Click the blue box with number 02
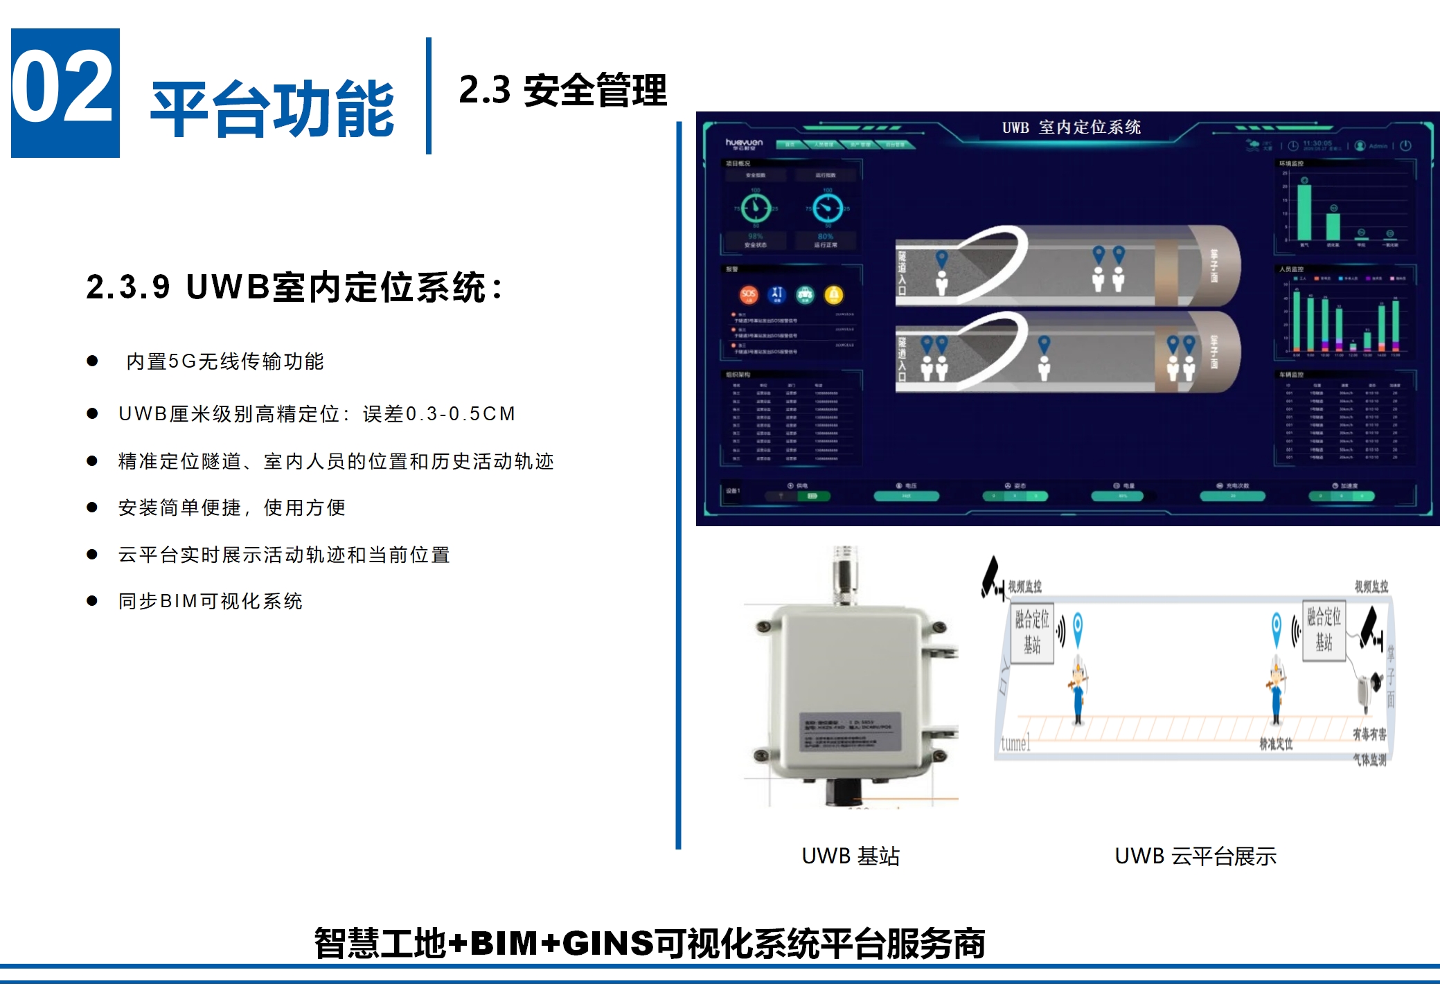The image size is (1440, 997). click(x=65, y=93)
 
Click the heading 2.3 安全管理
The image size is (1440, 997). click(x=562, y=90)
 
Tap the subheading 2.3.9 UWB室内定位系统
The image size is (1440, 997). click(x=294, y=287)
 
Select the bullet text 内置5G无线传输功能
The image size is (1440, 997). click(x=225, y=361)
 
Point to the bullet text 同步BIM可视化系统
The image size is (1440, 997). click(x=211, y=601)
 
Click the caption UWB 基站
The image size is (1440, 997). click(x=851, y=856)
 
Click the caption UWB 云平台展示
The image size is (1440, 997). click(x=1195, y=856)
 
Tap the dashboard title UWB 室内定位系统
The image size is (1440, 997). click(x=1072, y=127)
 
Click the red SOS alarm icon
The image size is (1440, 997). click(x=748, y=295)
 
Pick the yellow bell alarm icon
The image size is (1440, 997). click(x=834, y=295)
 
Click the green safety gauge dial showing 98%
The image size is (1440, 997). click(x=756, y=208)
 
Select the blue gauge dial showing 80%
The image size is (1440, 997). click(x=828, y=208)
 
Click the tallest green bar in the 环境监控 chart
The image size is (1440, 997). click(x=1304, y=212)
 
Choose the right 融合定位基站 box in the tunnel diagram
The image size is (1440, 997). click(x=1324, y=630)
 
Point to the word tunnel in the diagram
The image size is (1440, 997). click(x=1015, y=744)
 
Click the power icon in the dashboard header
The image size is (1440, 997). click(x=1405, y=146)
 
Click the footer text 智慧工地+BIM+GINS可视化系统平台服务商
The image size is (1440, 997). click(x=650, y=943)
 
